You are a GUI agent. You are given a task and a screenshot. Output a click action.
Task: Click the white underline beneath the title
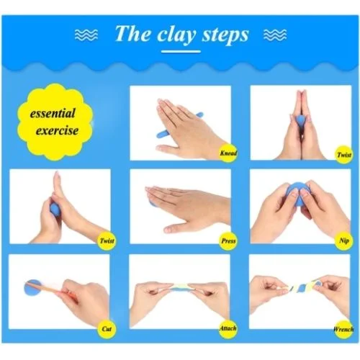pos(180,51)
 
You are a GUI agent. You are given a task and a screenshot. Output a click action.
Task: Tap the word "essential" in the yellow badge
pos(55,114)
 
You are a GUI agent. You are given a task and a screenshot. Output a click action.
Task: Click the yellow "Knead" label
pos(227,153)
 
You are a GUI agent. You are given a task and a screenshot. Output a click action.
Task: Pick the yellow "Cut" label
pos(106,329)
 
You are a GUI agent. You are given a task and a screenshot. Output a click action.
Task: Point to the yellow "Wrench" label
pos(343,329)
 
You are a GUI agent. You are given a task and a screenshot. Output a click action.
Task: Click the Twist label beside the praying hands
pos(343,153)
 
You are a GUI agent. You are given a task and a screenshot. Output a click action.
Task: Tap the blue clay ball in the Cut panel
pos(35,286)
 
